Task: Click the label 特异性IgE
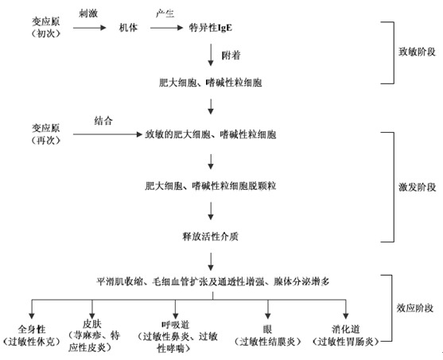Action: pyautogui.click(x=211, y=28)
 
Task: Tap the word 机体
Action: pyautogui.click(x=128, y=28)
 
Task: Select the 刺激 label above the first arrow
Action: pyautogui.click(x=88, y=14)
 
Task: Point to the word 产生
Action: pyautogui.click(x=165, y=14)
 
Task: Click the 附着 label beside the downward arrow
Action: pyautogui.click(x=231, y=55)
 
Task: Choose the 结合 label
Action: pyautogui.click(x=103, y=121)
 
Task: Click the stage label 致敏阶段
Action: pyautogui.click(x=417, y=52)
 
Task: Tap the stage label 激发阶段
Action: pyautogui.click(x=417, y=187)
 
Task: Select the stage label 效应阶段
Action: pyautogui.click(x=414, y=308)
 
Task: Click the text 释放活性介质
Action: pyautogui.click(x=211, y=236)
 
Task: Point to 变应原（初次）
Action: pyautogui.click(x=46, y=27)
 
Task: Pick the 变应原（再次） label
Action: pyautogui.click(x=46, y=134)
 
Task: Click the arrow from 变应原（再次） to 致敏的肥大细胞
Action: pyautogui.click(x=107, y=134)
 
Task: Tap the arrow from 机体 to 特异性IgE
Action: pyautogui.click(x=167, y=28)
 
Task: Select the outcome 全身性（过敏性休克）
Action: pyautogui.click(x=32, y=335)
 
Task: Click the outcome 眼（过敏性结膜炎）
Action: pyautogui.click(x=267, y=335)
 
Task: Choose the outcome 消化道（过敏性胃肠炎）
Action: pyautogui.click(x=346, y=335)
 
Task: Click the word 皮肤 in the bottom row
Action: pyautogui.click(x=91, y=323)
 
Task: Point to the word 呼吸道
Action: pyautogui.click(x=176, y=325)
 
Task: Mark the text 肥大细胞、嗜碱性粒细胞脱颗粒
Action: pyautogui.click(x=211, y=186)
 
